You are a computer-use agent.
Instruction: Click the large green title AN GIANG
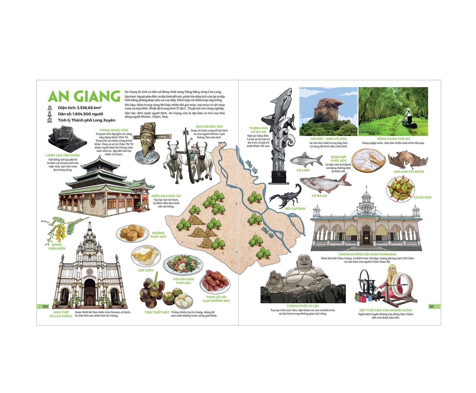pyautogui.click(x=84, y=96)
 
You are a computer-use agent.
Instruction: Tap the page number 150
pyautogui.click(x=45, y=306)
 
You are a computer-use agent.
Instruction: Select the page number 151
pyautogui.click(x=432, y=306)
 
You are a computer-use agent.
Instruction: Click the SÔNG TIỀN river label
pyautogui.click(x=252, y=167)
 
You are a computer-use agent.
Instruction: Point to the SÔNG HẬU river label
pyautogui.click(x=268, y=232)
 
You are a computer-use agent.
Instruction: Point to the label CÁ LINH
pyautogui.click(x=303, y=170)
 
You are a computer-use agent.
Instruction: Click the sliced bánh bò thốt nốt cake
pyautogui.click(x=368, y=160)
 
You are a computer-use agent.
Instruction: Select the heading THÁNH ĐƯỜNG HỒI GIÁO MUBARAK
pyautogui.click(x=367, y=254)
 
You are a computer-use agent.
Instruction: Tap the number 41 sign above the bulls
pyautogui.click(x=186, y=132)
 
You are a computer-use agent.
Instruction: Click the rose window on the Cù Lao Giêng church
pyautogui.click(x=90, y=272)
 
